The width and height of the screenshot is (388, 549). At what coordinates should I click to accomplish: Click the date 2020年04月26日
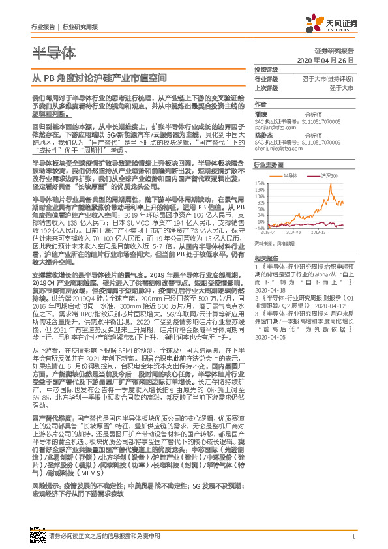click(x=325, y=60)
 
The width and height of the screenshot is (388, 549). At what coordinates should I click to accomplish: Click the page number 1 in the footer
click(x=353, y=536)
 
